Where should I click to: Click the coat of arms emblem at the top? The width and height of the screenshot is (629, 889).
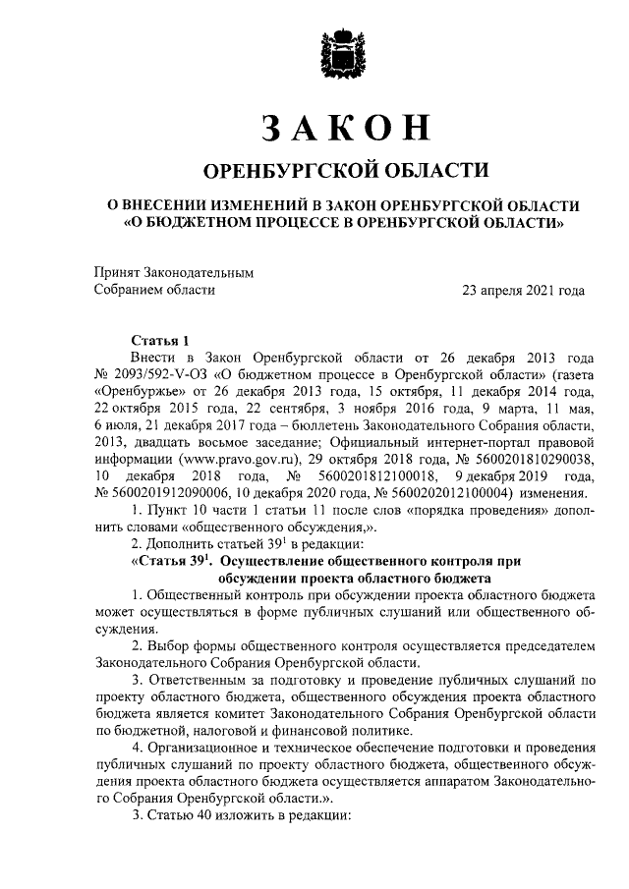(345, 58)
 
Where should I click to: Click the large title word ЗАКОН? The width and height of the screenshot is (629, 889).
(345, 129)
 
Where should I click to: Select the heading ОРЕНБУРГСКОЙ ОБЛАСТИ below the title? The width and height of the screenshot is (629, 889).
(345, 171)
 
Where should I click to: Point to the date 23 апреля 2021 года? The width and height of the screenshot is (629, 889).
(524, 290)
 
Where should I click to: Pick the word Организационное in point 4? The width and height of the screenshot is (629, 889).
(203, 746)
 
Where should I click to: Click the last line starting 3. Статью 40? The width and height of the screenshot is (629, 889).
(233, 814)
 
